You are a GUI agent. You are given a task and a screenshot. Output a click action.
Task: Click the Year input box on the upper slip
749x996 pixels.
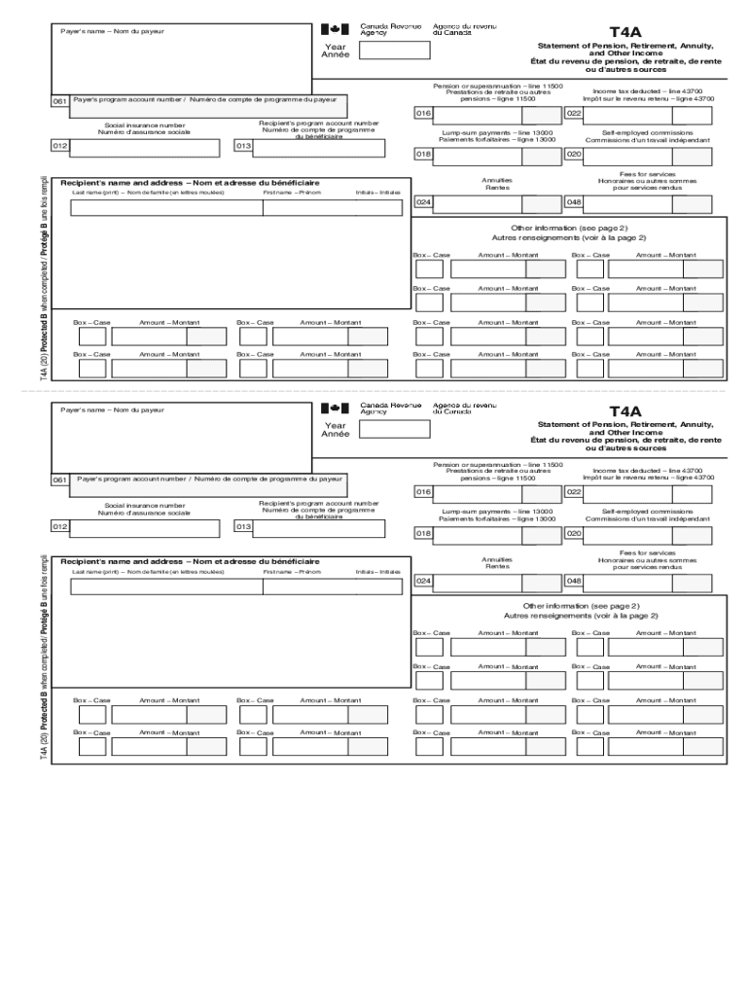394,50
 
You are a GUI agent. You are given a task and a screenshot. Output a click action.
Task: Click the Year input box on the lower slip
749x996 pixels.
394,429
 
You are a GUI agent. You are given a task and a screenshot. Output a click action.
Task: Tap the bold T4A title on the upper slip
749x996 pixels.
625,32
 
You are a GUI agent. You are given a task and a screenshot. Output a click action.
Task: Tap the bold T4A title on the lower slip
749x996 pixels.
625,411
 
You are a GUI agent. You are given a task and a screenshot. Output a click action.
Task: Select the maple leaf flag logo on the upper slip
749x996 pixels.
334,29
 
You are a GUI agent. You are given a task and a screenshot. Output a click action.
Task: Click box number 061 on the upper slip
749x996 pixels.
60,100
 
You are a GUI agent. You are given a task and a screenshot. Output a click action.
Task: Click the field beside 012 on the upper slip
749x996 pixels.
145,147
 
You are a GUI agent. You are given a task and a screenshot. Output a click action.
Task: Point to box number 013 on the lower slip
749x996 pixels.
242,526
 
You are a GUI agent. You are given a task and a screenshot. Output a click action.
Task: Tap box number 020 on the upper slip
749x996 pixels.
574,154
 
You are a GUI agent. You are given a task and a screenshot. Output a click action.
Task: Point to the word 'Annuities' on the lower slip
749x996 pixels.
497,559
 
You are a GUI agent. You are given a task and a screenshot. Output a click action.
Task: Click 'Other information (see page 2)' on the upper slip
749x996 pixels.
567,228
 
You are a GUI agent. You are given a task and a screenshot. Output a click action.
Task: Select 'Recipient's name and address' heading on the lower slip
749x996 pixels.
190,561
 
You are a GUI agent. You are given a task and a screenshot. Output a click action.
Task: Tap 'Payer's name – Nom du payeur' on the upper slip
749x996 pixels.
112,31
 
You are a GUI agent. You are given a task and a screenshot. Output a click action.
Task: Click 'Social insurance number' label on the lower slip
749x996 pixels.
145,505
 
